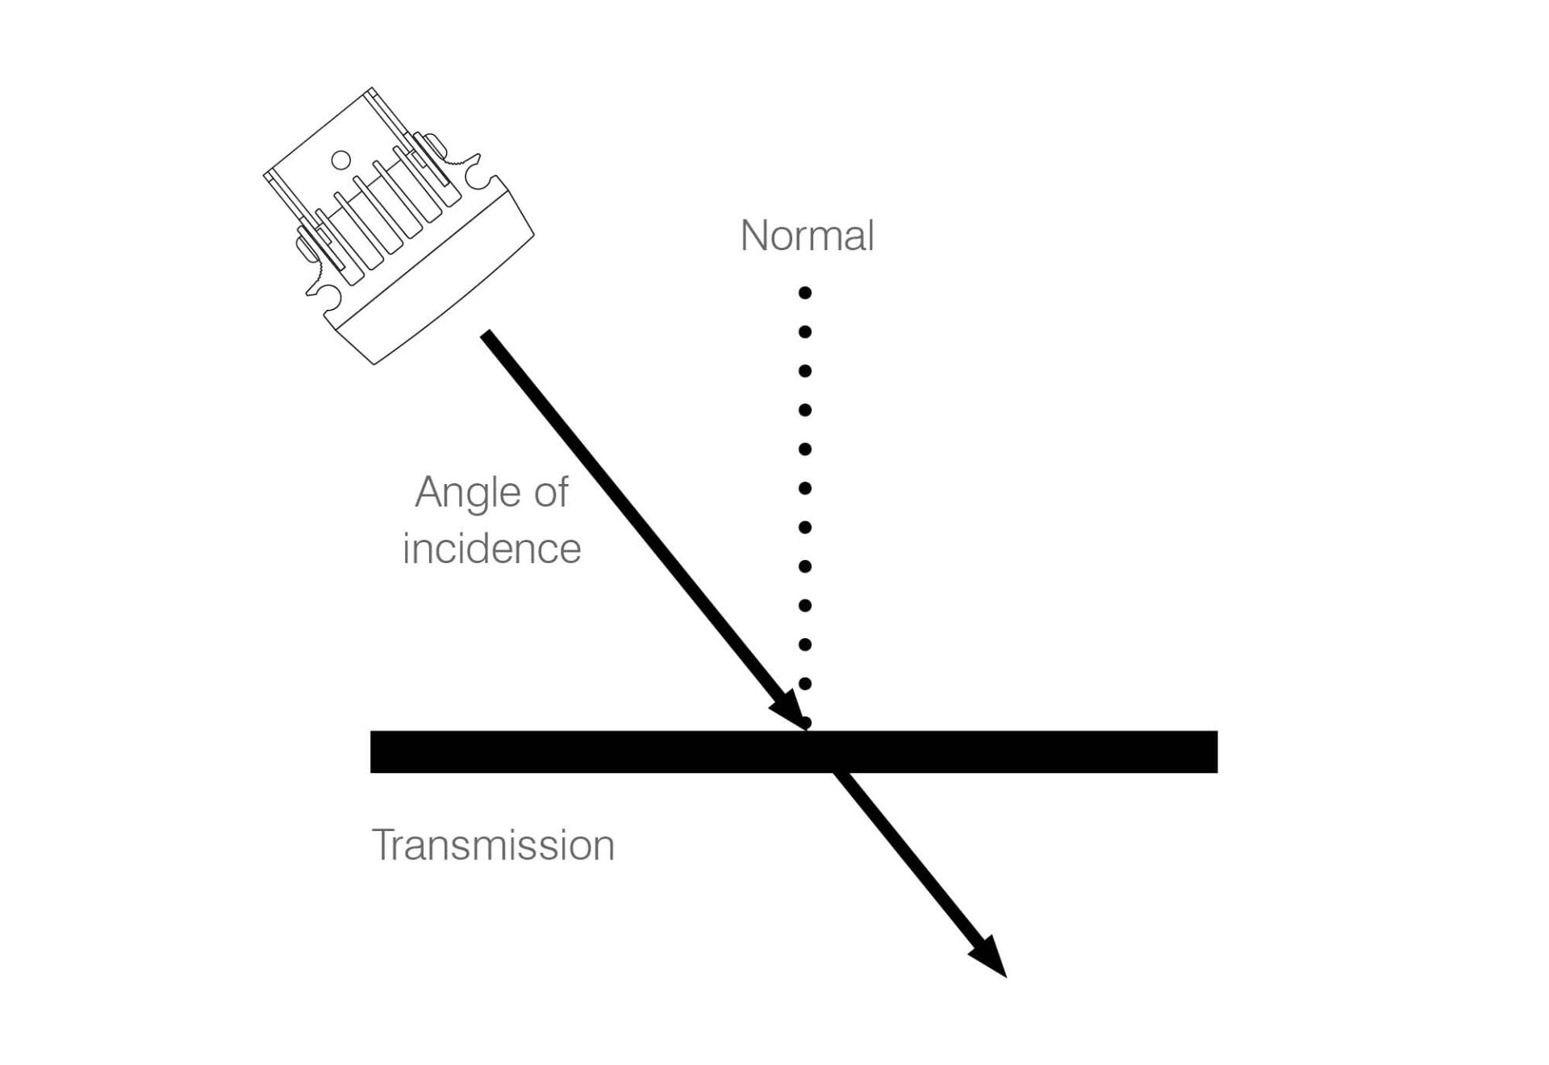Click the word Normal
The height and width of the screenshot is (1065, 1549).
coord(807,236)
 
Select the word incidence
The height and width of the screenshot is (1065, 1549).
coord(491,549)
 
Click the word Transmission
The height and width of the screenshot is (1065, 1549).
coord(493,846)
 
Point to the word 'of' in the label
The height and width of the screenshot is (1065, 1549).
coord(550,492)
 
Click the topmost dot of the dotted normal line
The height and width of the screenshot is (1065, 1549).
coord(804,293)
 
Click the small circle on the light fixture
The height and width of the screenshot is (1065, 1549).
coord(341,160)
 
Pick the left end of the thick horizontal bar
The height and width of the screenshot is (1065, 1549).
coord(371,752)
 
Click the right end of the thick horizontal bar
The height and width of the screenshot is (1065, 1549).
coord(1217,752)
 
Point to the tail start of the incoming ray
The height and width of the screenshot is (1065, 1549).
coord(486,334)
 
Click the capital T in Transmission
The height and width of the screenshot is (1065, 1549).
coord(384,846)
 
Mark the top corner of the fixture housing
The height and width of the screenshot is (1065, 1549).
coord(371,88)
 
